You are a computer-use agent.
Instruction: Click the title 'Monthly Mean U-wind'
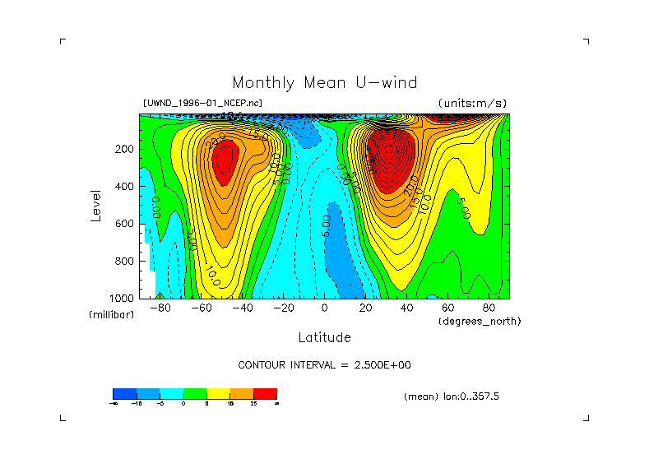click(324, 83)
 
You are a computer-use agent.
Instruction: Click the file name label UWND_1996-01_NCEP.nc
click(202, 104)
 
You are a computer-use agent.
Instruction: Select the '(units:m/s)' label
click(472, 104)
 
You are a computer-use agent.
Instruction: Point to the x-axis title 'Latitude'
click(324, 337)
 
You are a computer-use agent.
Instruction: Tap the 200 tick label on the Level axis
click(124, 149)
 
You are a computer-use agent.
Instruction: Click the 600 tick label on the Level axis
click(124, 223)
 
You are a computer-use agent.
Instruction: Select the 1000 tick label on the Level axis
click(122, 298)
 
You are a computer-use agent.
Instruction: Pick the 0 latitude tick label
click(324, 308)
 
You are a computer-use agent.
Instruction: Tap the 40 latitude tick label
click(406, 308)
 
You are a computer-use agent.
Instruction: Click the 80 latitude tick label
click(489, 308)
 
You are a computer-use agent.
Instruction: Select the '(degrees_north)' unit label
click(480, 321)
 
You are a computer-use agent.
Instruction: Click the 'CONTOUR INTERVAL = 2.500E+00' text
click(324, 364)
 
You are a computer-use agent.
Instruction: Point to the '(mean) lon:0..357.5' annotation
click(452, 396)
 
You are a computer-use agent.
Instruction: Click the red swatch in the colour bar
click(265, 393)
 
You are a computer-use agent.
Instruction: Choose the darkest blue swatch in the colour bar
click(124, 393)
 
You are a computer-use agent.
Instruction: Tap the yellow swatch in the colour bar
click(218, 393)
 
